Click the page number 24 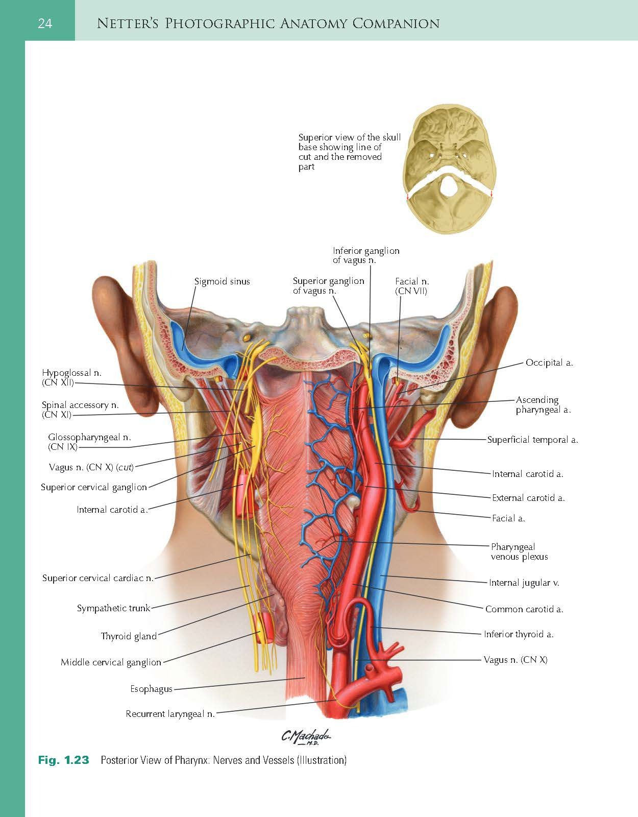[45, 23]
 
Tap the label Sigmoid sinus [222, 281]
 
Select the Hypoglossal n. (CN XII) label [72, 377]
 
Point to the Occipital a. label [549, 363]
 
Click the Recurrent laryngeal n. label [170, 714]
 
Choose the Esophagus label [152, 688]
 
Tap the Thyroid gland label [129, 636]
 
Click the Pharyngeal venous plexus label [519, 551]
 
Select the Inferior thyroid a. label [519, 634]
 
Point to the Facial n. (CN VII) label [412, 286]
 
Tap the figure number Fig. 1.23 [63, 760]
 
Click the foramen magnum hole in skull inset [448, 186]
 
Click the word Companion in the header [396, 23]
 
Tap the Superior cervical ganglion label [94, 487]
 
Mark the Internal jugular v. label [524, 583]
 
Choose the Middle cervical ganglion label [111, 662]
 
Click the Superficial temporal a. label [533, 440]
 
